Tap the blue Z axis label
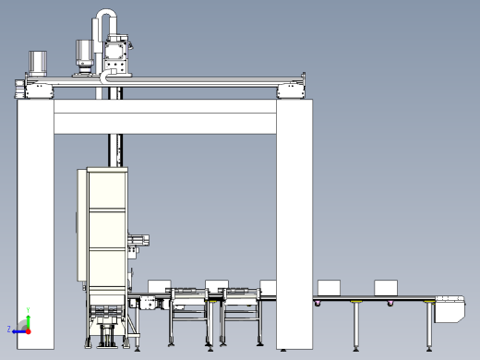pos(10,329)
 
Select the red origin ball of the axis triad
pos(28,329)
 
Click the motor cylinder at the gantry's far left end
pos(39,63)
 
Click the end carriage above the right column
pos(293,89)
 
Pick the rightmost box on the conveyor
pos(386,286)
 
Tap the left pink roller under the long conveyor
pos(319,304)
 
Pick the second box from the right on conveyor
pos(330,286)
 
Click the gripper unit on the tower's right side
pos(138,241)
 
